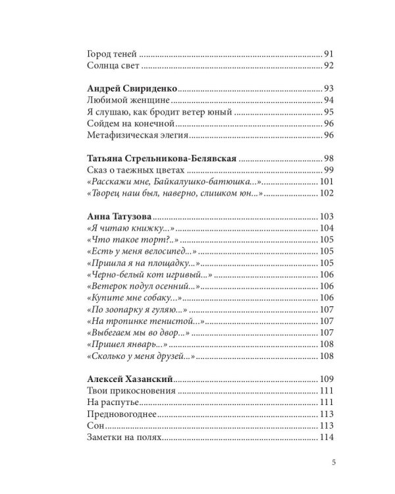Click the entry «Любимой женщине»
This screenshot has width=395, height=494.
[128, 100]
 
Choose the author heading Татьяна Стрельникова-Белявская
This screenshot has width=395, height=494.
[161, 159]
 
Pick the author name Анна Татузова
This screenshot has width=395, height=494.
[119, 217]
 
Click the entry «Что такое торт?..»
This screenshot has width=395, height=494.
[128, 240]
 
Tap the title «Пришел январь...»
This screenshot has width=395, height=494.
[128, 345]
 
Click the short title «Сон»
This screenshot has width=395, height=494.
[95, 426]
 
